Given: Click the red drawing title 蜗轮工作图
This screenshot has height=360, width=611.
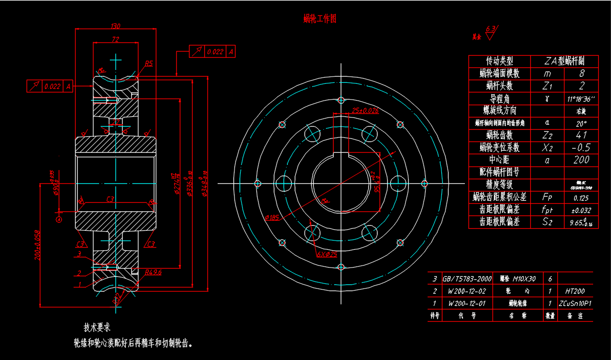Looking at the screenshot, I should coord(320,19).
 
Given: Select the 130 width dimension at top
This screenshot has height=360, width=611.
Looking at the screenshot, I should coord(115,26).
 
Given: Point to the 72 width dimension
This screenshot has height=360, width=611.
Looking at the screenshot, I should coord(115,39).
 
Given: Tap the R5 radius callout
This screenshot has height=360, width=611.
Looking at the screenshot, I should coord(149,64).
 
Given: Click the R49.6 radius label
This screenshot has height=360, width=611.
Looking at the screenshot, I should coord(153,273).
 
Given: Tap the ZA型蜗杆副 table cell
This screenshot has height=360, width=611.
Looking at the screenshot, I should coord(565,61).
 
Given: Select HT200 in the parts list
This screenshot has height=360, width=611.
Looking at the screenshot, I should coord(575,292).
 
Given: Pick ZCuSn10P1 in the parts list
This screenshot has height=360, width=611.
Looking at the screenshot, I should coord(575,303).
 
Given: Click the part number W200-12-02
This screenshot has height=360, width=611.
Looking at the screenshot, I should coord(467,292).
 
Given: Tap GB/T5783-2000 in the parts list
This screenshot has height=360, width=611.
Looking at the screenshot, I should coord(467,279).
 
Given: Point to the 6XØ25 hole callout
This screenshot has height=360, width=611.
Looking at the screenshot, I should coord(327,254).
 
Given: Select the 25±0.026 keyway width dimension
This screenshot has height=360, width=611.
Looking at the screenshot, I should coord(365,111).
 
